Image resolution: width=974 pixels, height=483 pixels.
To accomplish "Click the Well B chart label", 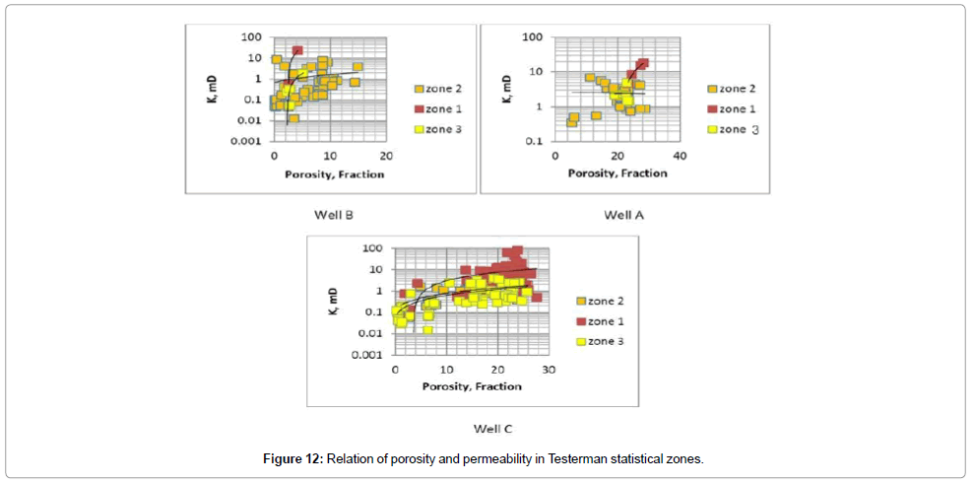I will click(x=343, y=214).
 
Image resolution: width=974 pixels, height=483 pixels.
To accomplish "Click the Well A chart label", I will click(x=623, y=214).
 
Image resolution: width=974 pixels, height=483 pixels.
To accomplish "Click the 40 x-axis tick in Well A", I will click(x=679, y=158).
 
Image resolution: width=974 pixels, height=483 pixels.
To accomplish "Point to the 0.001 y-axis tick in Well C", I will click(x=370, y=355).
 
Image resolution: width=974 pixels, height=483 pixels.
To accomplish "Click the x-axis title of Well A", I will click(x=617, y=172).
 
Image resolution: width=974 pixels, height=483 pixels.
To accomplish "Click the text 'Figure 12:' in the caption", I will click(x=294, y=459).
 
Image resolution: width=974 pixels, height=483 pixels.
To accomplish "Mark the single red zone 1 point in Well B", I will click(x=296, y=50).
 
